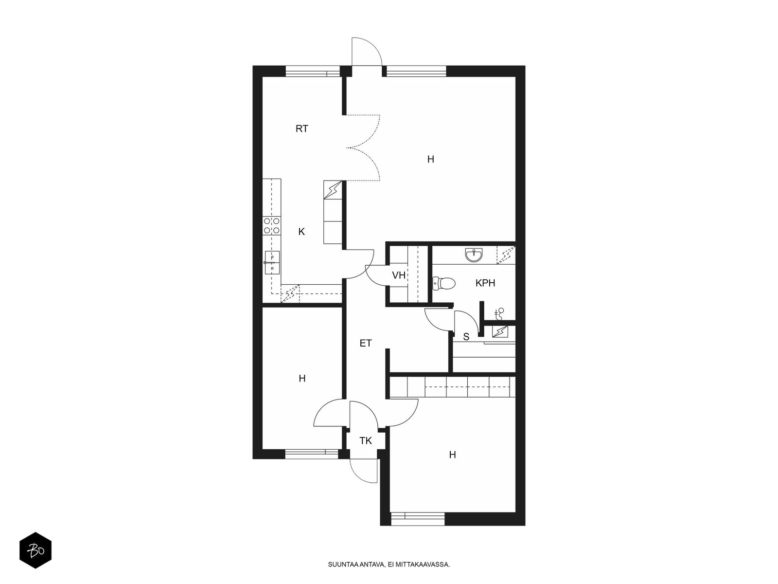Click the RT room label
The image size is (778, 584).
(x=301, y=128)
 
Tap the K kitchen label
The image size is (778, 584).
(x=301, y=232)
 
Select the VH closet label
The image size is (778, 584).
(x=399, y=275)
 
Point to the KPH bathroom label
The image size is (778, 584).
(x=485, y=283)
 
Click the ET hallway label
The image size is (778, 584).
(x=366, y=343)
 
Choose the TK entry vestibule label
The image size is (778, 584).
(x=366, y=440)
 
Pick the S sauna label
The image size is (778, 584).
(x=466, y=336)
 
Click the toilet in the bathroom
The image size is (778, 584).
(x=444, y=283)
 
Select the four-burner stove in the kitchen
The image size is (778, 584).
(x=271, y=226)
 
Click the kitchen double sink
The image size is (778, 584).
(x=272, y=262)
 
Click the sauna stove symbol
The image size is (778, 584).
(x=500, y=331)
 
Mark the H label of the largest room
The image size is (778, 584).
(x=431, y=159)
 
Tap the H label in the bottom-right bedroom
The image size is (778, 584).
(x=452, y=455)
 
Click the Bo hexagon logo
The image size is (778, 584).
(x=35, y=550)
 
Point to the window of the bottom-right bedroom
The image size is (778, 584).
(x=418, y=519)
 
